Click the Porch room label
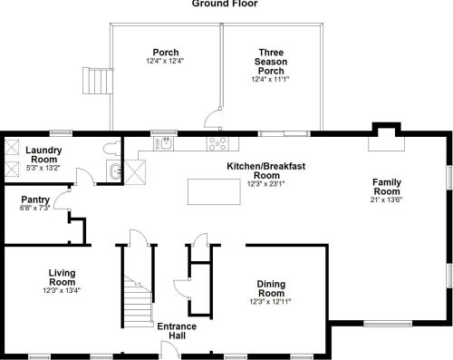point(166,52)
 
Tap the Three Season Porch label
point(271,62)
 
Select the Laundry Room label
point(43,154)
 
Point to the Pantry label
point(35,199)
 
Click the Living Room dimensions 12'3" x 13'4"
point(62,290)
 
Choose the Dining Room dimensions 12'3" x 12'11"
point(270,301)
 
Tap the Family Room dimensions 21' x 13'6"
point(387,199)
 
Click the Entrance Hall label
point(177,331)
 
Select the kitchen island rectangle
point(214,191)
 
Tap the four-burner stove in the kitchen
point(218,143)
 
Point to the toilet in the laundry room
point(112,148)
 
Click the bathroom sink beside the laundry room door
point(114,171)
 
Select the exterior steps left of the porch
point(98,81)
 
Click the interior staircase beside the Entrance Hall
point(138,302)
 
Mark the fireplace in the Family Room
point(386,139)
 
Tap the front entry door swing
point(170,349)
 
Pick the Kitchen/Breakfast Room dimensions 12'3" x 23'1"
point(265,184)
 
